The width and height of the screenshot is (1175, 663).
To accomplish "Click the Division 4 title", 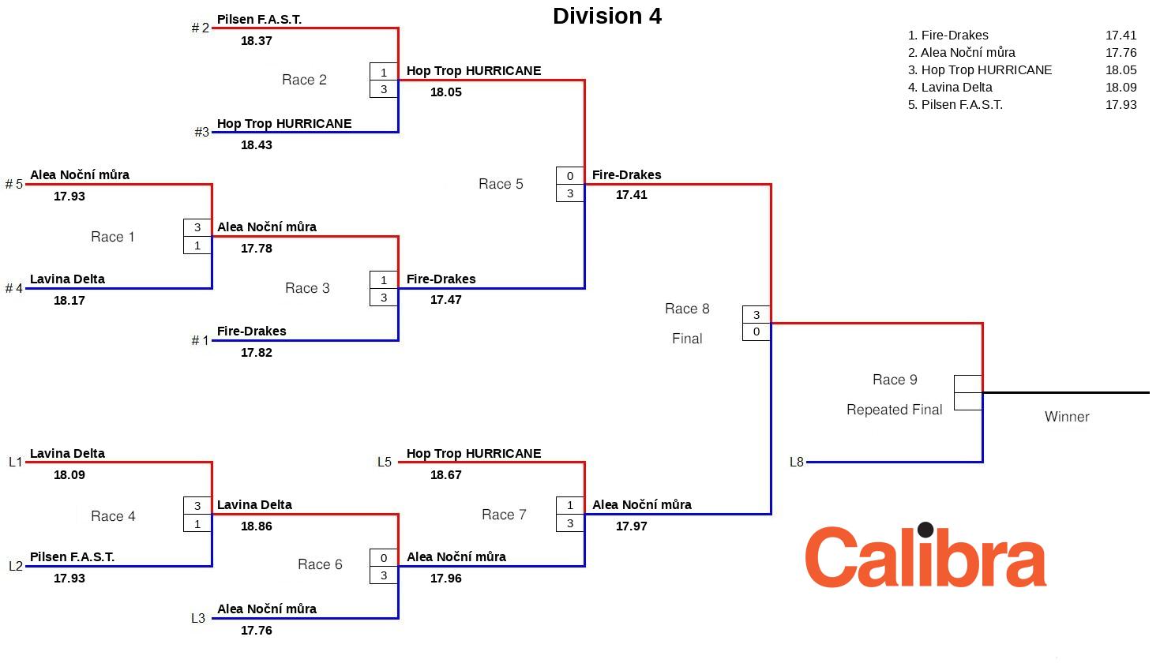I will pos(606,17).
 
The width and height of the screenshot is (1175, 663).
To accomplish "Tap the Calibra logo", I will pos(925,556).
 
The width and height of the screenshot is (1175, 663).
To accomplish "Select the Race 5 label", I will pos(501,184).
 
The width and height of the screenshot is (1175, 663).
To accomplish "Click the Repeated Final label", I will pos(894,410).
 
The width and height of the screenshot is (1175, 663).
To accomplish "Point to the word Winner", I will pos(1066,417).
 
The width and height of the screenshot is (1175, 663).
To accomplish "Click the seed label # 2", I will pos(201,28).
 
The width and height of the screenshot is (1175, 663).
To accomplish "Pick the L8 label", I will pos(796,463).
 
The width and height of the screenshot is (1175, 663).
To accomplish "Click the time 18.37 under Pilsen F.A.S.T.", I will pos(256,41).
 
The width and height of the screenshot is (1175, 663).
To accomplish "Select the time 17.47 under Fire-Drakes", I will pos(445,300).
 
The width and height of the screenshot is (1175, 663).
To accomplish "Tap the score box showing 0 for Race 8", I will pos(756,332).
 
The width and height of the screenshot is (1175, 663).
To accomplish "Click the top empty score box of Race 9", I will pos(968,384).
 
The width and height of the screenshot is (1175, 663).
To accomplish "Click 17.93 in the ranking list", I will pos(1121,105).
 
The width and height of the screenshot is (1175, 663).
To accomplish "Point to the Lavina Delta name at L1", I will pos(67,454).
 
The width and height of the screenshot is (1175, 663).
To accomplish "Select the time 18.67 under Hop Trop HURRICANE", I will pos(445,475).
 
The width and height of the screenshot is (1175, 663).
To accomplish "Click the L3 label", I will pos(198,619).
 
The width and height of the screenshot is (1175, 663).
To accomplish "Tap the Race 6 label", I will pos(320,564).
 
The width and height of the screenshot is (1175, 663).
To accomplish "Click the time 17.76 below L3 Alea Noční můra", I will pos(256,631).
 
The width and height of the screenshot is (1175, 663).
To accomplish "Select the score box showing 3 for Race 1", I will pos(197,227).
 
